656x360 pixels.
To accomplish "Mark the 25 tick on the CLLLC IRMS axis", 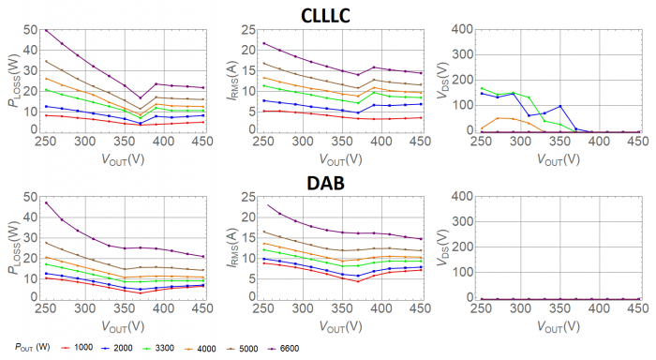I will click(x=247, y=29).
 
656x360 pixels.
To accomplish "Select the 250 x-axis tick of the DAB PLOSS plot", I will click(x=46, y=309).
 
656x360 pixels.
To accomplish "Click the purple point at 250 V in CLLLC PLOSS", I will click(x=46, y=30).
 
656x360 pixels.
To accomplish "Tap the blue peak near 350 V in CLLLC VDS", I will click(x=559, y=106).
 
